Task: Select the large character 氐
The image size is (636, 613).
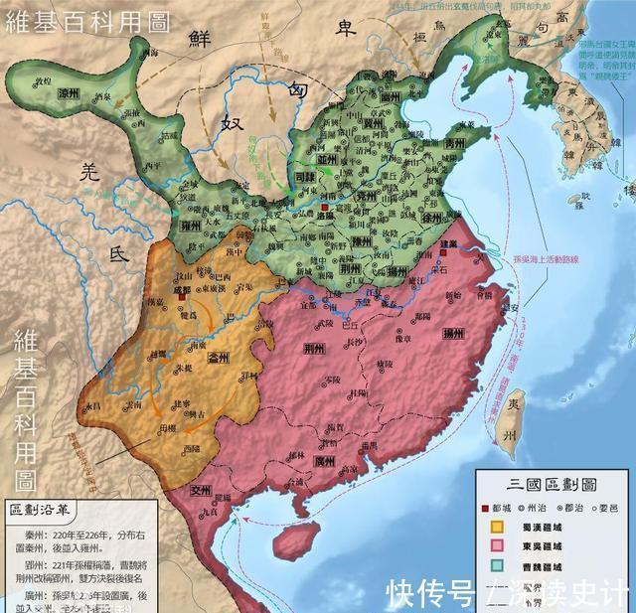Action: click(x=119, y=255)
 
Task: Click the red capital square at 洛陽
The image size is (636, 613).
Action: click(x=324, y=208)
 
